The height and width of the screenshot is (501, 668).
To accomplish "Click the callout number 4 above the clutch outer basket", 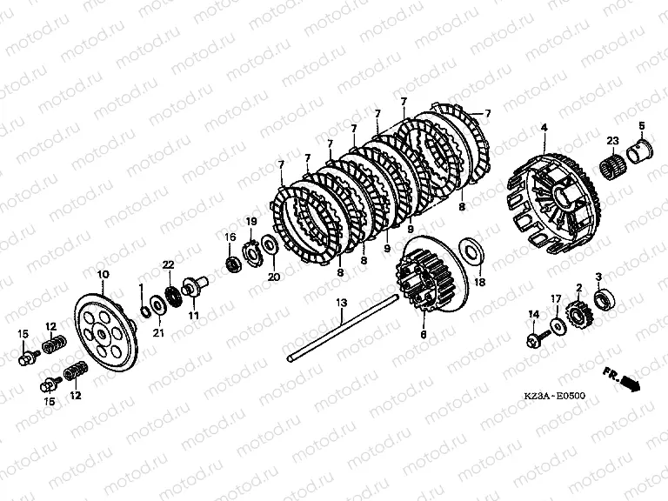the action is tap(544, 127).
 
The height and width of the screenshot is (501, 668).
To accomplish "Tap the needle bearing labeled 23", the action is tap(613, 165).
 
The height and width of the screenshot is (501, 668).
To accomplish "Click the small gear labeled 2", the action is tap(578, 315).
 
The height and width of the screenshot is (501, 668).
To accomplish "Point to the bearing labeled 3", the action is tap(605, 298).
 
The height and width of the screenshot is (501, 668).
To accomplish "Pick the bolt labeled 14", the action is tap(538, 339).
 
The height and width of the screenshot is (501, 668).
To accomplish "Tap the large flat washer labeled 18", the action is tap(471, 254).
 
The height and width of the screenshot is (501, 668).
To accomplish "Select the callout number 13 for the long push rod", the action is tap(342, 303).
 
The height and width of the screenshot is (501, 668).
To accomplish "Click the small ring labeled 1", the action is tap(145, 311).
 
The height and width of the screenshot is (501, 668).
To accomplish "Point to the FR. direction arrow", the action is tap(623, 377).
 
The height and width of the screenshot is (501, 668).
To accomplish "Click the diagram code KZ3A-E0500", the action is tap(554, 396).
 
